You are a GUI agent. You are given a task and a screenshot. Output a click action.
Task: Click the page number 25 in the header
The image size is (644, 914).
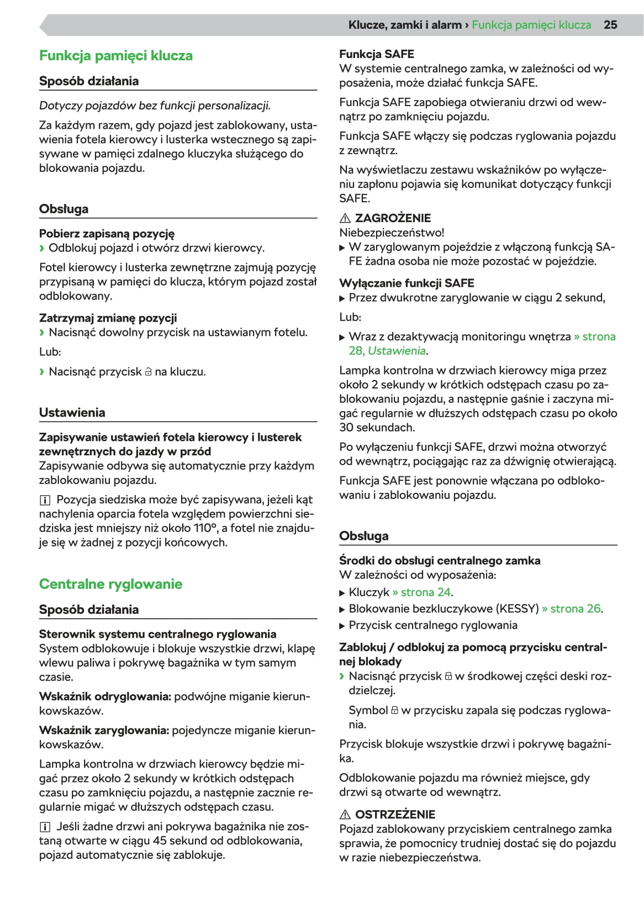click(610, 25)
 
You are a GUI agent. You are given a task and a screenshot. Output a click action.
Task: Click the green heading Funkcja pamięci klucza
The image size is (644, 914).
click(116, 56)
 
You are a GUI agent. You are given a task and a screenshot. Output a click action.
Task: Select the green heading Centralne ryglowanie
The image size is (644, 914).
click(110, 584)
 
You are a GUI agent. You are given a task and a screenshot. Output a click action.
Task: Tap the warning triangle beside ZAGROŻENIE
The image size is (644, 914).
click(345, 218)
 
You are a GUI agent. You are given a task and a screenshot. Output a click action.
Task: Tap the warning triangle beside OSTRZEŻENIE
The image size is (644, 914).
click(345, 815)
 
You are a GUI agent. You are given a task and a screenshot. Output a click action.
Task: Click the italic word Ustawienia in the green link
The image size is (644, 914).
click(397, 351)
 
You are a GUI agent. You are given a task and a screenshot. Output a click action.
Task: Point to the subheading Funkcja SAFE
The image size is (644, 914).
click(377, 54)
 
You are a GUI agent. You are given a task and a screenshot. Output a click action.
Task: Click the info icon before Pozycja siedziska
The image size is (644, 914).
click(45, 500)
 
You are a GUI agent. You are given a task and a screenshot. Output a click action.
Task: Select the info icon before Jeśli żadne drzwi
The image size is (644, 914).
click(45, 827)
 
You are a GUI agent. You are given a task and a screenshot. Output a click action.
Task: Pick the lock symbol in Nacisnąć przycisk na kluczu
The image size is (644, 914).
click(148, 372)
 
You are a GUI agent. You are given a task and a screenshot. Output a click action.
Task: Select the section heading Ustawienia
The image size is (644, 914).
click(72, 413)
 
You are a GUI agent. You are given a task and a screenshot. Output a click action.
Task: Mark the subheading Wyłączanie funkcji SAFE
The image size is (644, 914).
click(407, 283)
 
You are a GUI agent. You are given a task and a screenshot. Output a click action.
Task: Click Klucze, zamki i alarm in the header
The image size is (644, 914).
click(405, 25)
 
